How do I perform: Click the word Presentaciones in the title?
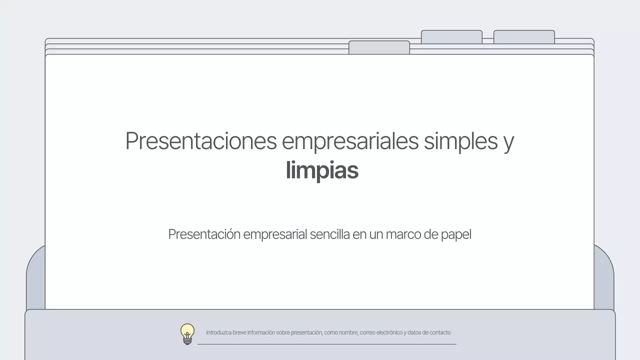(200, 141)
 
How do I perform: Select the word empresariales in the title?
(350, 141)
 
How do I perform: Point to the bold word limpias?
(322, 170)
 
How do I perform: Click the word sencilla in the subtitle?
(329, 234)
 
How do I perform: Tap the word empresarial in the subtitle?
(274, 234)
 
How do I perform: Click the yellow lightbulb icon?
(187, 333)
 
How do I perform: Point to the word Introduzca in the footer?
(218, 332)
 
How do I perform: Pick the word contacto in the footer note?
(440, 332)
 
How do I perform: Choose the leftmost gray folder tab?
(379, 47)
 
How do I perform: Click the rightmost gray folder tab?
(524, 37)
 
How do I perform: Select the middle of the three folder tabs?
(451, 37)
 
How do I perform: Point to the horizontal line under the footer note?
(326, 344)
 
